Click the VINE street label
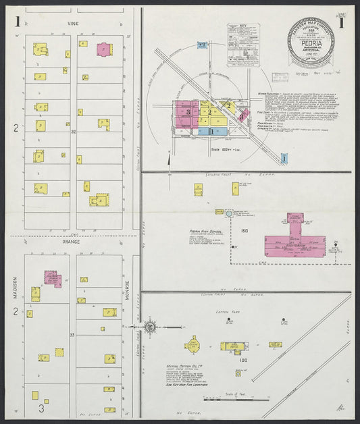[73, 22]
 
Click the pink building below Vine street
[104, 49]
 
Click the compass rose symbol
[150, 327]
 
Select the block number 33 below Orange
[73, 334]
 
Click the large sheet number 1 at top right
[342, 22]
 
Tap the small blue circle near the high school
[229, 213]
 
